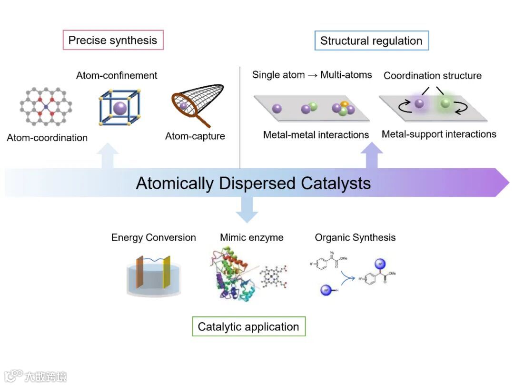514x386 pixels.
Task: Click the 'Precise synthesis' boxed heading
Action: [x=113, y=40]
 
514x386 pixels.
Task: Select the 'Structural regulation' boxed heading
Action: [x=371, y=41]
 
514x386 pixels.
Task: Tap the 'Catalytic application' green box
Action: [x=248, y=327]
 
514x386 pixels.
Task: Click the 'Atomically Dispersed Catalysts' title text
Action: [x=253, y=183]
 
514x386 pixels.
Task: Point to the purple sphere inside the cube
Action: [x=120, y=108]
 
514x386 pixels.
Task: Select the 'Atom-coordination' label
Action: [x=47, y=138]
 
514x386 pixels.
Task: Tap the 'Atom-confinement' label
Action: [x=117, y=75]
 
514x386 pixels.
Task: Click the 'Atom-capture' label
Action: [x=195, y=136]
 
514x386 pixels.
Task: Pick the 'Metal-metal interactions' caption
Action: [x=316, y=135]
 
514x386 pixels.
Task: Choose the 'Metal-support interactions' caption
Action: [x=439, y=134]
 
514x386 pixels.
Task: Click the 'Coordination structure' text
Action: [x=432, y=75]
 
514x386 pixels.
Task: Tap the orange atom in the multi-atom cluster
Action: [x=345, y=104]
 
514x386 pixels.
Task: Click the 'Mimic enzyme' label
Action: [x=251, y=237]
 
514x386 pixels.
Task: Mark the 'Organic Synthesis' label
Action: [x=355, y=237]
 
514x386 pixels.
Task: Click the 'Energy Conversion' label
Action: [x=153, y=237]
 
